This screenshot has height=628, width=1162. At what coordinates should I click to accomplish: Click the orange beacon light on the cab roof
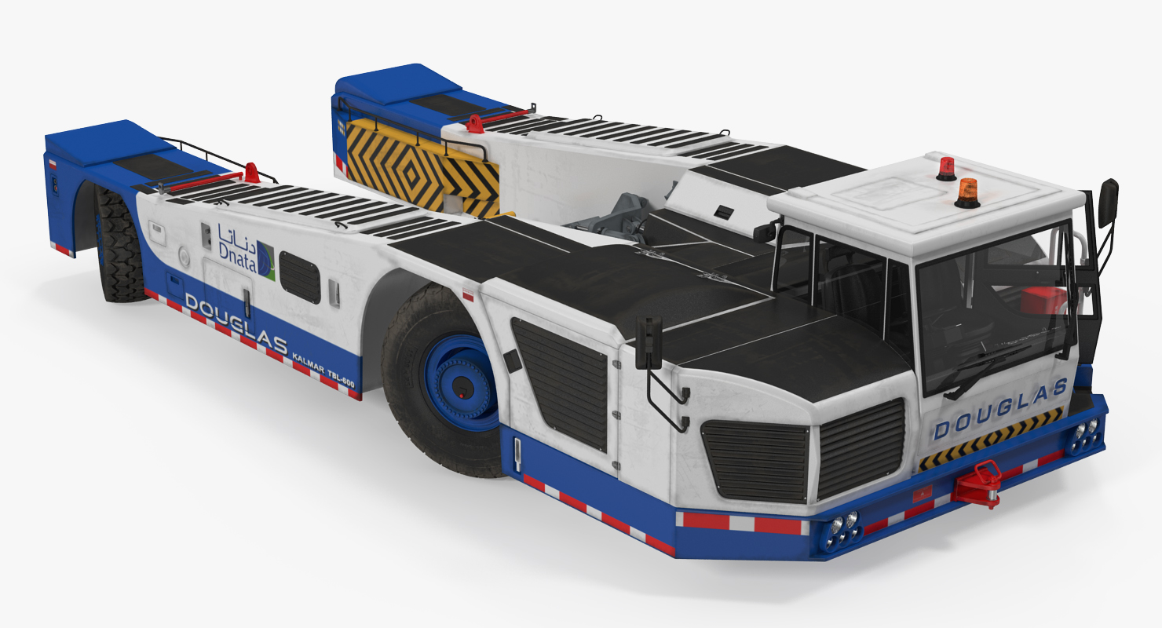[x=967, y=193]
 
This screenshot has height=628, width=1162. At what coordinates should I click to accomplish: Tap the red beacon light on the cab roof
[x=946, y=169]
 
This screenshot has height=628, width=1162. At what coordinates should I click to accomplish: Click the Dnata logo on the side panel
[x=247, y=252]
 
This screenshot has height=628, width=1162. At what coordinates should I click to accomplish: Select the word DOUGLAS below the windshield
[x=1001, y=408]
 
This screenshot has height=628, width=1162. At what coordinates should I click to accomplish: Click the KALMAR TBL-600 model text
[x=323, y=369]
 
